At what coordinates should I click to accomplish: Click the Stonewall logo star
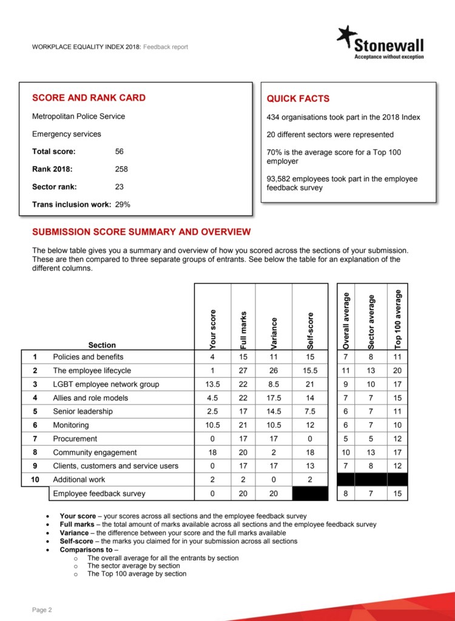pos(348,36)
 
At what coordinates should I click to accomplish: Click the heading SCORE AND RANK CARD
pos(89,98)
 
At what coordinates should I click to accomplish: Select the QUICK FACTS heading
pos(298,98)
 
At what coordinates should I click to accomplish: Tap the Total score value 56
pos(119,152)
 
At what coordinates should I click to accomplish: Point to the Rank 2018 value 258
pos(121,169)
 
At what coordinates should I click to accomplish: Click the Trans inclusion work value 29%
pos(123,204)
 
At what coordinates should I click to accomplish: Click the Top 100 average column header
pos(398,319)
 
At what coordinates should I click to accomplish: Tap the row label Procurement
pos(75,438)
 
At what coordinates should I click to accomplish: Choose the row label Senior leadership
pos(83,412)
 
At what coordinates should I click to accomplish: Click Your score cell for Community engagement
pos(213,452)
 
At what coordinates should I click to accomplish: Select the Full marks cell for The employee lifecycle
pos(243,371)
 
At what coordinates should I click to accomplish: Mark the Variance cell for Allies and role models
pos(274,398)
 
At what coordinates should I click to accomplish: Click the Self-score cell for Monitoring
pos(310,425)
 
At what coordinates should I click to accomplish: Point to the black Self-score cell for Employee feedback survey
pos(310,494)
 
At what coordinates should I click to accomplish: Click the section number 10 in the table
pos(35,480)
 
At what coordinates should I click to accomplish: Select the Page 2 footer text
pos(42,609)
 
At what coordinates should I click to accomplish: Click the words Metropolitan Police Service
pos(78,116)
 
